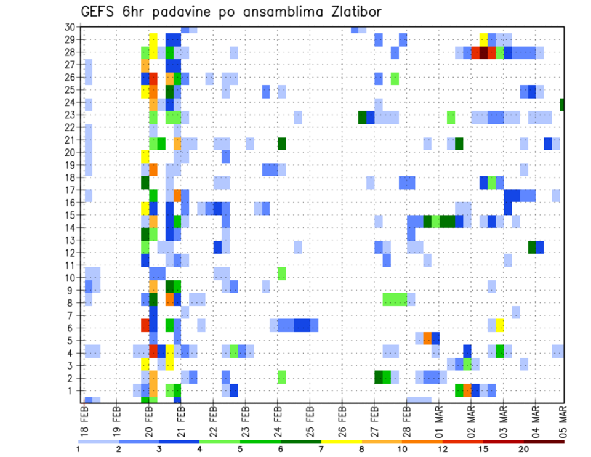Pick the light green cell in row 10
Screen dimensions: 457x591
281,273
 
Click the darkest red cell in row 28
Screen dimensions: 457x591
484,53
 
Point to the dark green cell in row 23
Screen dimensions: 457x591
363,118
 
